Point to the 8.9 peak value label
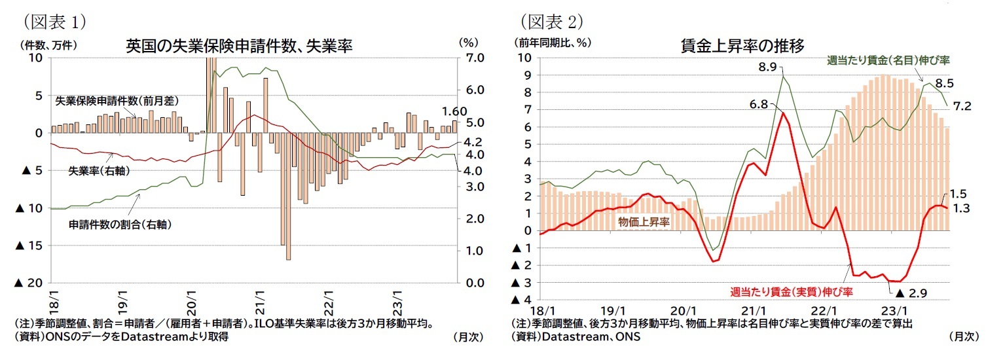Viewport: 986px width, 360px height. [x=767, y=67]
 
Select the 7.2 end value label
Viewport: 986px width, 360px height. [x=962, y=105]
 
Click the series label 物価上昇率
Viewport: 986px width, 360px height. [x=644, y=222]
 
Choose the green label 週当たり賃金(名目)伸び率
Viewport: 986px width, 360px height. [x=888, y=60]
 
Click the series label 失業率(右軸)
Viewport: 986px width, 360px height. [x=98, y=171]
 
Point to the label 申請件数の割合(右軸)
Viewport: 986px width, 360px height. [x=120, y=224]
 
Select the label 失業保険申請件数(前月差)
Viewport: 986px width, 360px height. [x=117, y=101]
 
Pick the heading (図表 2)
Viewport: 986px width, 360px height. [x=551, y=22]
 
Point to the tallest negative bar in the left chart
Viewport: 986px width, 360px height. [x=288, y=196]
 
